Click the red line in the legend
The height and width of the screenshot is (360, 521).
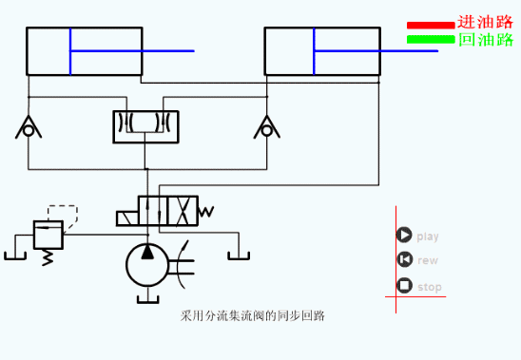(431, 26)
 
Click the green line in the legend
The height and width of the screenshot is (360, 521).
(431, 39)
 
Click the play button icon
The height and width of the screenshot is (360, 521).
(404, 236)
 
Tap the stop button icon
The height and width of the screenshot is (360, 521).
(404, 286)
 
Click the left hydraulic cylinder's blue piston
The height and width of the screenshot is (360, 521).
(69, 51)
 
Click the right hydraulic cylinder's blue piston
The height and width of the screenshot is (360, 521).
(315, 51)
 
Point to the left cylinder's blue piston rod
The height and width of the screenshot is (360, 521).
(133, 51)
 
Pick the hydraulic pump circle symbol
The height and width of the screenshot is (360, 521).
(147, 263)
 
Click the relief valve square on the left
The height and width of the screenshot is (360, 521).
(48, 233)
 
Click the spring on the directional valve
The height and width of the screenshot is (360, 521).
(208, 211)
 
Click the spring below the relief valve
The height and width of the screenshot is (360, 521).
(48, 256)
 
